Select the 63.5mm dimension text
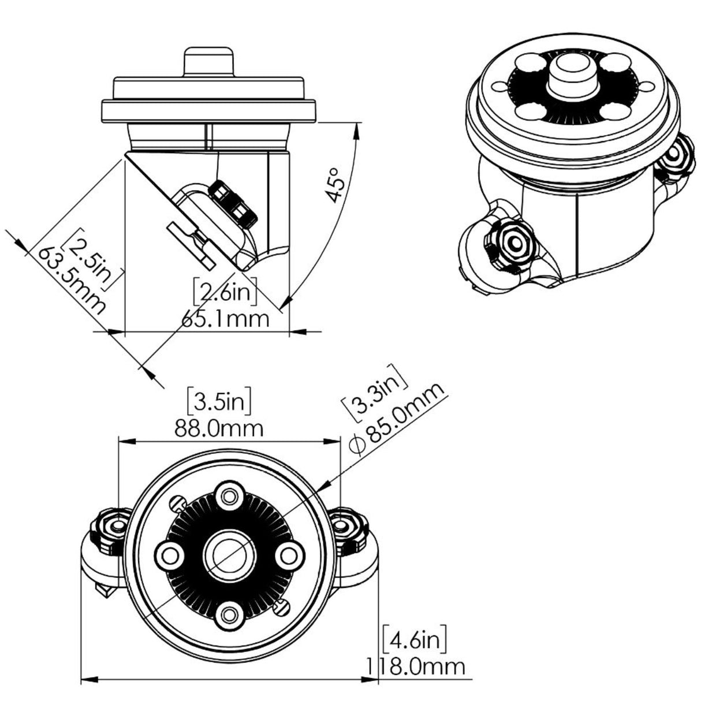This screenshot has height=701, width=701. [x=72, y=281]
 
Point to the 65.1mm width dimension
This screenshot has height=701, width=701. [x=225, y=318]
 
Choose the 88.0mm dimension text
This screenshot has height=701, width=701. [x=219, y=428]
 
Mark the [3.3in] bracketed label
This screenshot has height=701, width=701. [x=375, y=391]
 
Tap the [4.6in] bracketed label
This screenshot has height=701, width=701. [x=414, y=640]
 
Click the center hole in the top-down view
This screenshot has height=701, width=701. [x=229, y=554]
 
